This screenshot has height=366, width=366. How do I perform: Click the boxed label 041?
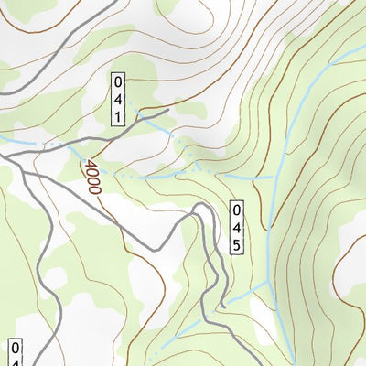click(119, 98)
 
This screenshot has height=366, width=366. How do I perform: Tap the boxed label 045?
click(236, 228)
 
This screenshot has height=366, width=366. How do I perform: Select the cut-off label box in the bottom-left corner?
click(15, 352)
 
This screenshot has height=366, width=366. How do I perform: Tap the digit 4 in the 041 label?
click(119, 98)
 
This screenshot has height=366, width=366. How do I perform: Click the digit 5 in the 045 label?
click(236, 244)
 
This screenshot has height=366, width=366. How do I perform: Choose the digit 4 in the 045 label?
click(236, 228)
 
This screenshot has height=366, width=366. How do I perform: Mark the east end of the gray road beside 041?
click(170, 111)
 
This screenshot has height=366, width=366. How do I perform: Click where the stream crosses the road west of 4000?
click(43, 144)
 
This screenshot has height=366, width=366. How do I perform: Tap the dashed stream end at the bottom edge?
click(156, 353)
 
